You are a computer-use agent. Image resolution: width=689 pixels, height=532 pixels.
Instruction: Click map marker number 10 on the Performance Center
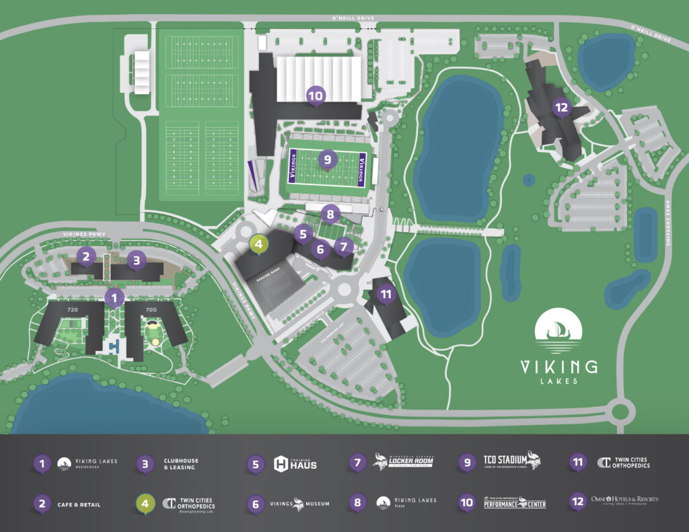(315, 96)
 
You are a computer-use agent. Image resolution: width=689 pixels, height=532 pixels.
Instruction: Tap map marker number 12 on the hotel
(560, 106)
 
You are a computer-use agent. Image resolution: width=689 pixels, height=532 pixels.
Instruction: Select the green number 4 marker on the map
(259, 243)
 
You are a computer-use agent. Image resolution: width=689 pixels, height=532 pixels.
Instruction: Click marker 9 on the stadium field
(327, 159)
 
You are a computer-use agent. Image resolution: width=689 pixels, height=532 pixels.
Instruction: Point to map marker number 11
(386, 294)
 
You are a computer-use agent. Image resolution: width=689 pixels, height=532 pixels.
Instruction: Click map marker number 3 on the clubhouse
(136, 259)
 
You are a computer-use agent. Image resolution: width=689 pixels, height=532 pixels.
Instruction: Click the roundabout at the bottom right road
(620, 409)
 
